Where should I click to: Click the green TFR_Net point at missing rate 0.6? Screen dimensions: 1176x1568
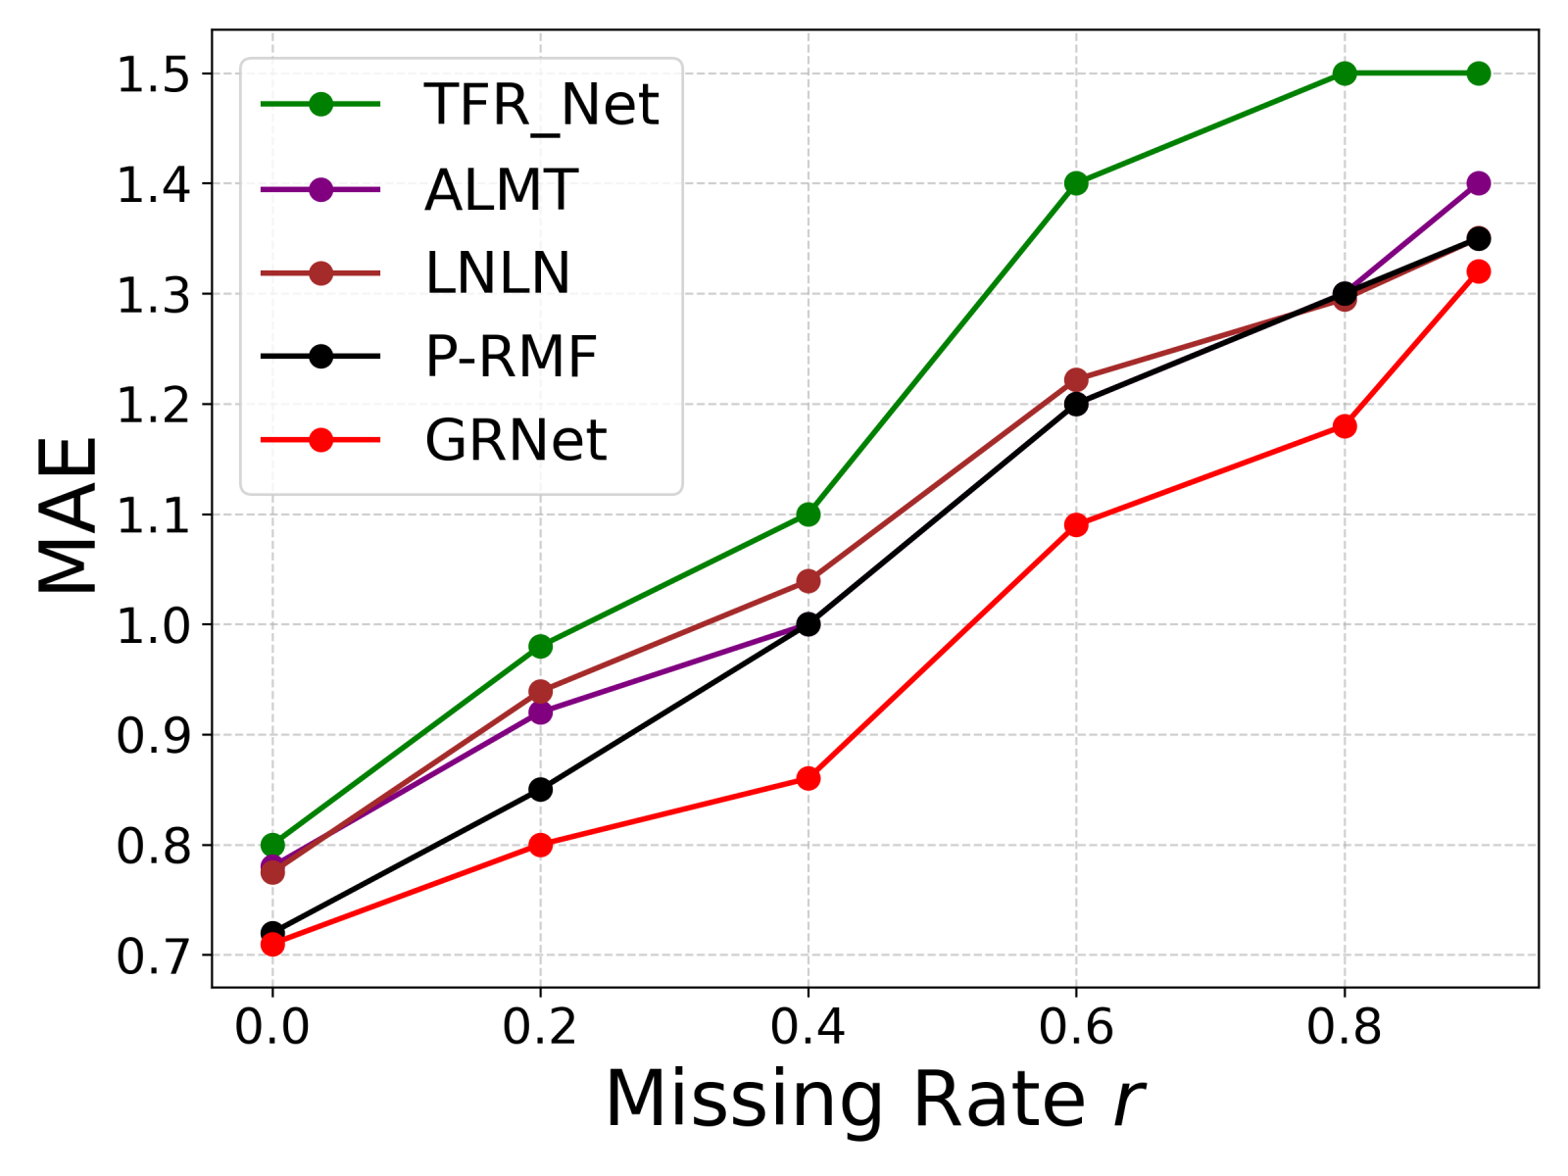[1076, 183]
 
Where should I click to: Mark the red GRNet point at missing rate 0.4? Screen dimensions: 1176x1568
[808, 779]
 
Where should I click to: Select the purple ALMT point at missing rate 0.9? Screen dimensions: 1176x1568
[1479, 183]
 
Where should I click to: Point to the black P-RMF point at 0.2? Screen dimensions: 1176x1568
[540, 789]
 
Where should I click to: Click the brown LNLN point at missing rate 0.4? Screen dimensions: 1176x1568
[808, 581]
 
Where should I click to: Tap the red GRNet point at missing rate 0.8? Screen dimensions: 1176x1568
[1345, 426]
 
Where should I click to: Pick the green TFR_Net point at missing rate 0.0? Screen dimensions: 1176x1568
[272, 845]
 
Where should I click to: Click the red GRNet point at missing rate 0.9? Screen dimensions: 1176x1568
[1479, 271]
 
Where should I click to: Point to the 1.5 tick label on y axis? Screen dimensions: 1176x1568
[153, 74]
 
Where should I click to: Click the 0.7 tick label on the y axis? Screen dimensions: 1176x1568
[153, 956]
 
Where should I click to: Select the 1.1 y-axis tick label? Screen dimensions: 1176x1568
[153, 515]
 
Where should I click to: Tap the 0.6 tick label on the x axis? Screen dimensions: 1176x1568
[1076, 1027]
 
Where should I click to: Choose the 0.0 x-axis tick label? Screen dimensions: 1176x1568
[272, 1027]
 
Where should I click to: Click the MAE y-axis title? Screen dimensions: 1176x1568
[69, 514]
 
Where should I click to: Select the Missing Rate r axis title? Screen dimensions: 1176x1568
[874, 1100]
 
